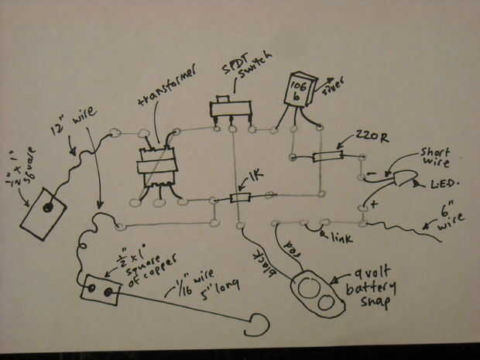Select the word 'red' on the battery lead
point(288,242)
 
